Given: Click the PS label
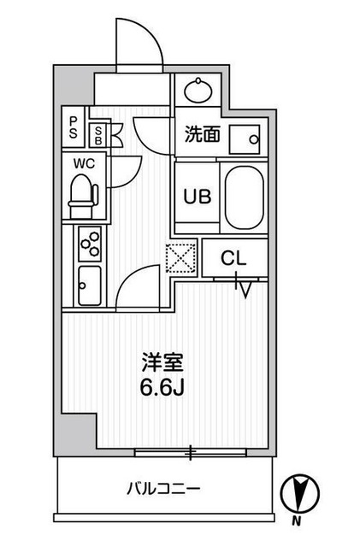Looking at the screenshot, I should coord(74,127).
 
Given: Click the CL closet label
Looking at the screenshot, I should coord(234,257).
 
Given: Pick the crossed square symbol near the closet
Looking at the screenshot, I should coord(181,259).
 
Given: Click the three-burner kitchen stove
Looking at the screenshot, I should coord(88,244).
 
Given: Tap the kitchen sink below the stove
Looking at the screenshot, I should coord(89,280).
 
